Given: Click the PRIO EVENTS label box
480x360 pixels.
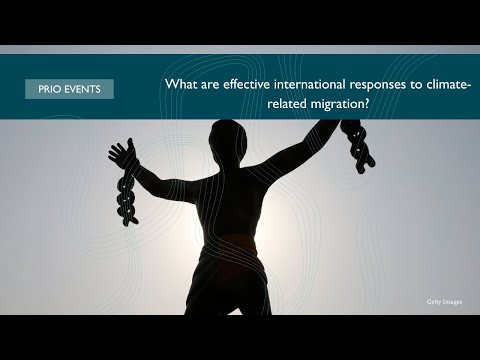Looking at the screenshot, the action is point(69,89).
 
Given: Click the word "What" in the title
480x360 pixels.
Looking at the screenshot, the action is point(181,84).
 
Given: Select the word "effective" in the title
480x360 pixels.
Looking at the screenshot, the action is point(246,84).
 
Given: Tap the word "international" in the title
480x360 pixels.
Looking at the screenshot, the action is point(310,84).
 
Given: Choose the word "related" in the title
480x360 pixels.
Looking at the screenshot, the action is point(287,104).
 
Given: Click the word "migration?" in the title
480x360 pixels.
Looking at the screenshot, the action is point(340,105).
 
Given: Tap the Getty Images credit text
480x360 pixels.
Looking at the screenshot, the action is point(444,302).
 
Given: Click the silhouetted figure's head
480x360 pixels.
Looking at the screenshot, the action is point(228,137).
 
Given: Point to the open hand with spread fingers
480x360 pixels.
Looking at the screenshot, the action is point(122,154).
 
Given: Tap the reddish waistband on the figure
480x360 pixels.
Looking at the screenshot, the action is point(232,242).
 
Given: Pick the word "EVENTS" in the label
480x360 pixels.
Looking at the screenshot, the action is point(82,89).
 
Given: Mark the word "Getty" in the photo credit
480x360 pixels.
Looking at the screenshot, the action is point(433,302).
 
